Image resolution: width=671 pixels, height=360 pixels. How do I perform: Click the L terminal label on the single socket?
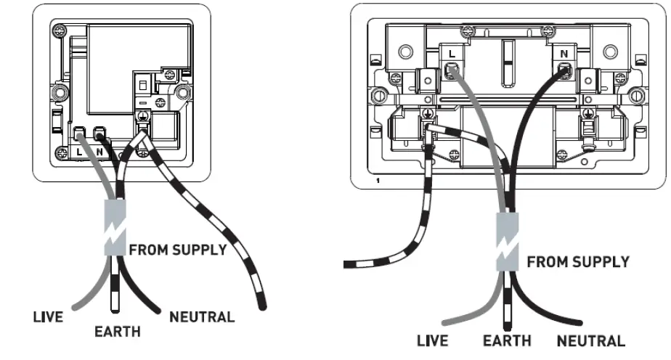coord(79,153)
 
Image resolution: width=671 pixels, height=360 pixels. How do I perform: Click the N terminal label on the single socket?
coord(99,153)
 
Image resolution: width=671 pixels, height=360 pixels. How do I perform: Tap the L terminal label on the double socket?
coord(451,53)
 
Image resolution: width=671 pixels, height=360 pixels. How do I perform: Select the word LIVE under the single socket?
coord(48,316)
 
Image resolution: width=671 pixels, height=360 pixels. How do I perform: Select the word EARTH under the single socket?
coord(118,332)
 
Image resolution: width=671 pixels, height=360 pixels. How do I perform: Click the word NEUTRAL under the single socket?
coord(201,316)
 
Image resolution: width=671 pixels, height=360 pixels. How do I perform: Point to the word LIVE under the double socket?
coord(432,340)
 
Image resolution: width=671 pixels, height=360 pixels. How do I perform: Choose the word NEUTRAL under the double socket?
coord(590,340)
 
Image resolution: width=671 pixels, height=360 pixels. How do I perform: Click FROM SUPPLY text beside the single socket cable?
coord(178,250)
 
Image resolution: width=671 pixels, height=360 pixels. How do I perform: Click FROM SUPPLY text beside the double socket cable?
coord(578,261)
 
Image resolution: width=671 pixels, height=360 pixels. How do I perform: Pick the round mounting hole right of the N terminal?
coord(606,52)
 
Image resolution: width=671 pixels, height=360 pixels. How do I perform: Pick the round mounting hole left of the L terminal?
coord(406,52)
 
